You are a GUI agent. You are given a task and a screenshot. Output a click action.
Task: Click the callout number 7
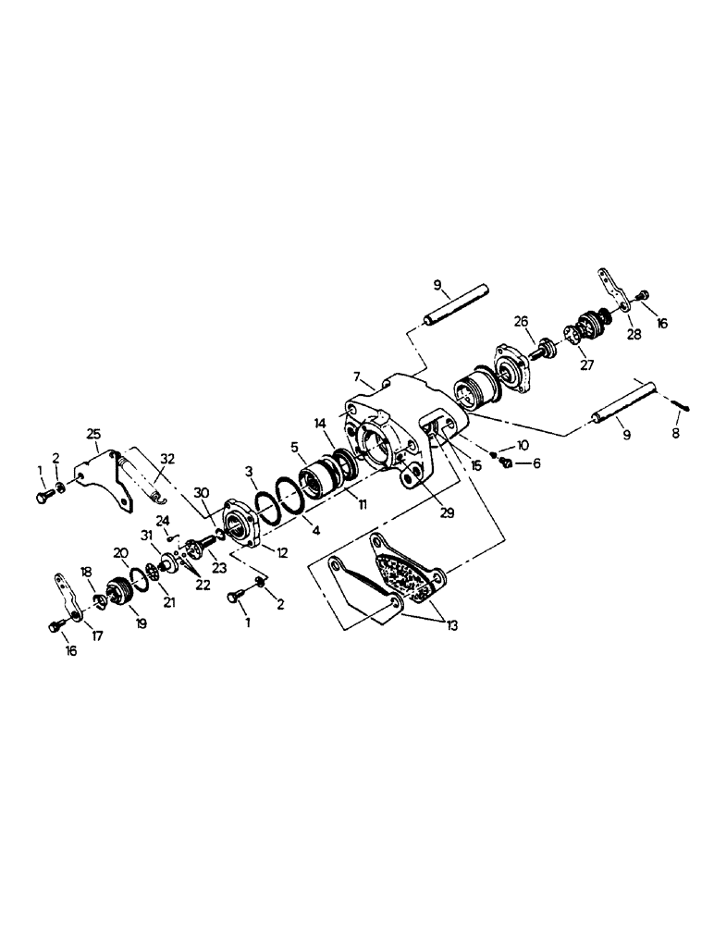[358, 376]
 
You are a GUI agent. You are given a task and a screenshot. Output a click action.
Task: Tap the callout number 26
[521, 321]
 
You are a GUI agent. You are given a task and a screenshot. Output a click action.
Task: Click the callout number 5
[296, 447]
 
